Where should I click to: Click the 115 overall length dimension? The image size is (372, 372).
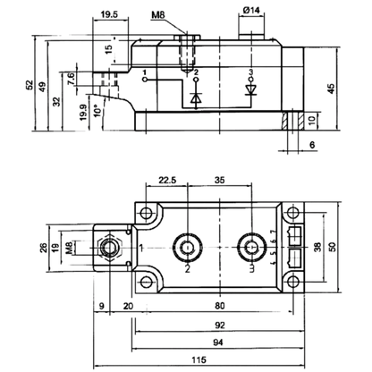(199, 359)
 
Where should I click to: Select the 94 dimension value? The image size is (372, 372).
(218, 342)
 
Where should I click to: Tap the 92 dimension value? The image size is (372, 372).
(220, 325)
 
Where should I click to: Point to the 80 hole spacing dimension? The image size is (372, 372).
(220, 306)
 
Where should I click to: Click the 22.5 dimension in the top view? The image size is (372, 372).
(167, 180)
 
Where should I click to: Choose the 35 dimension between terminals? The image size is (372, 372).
(220, 180)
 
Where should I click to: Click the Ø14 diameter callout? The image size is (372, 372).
(251, 10)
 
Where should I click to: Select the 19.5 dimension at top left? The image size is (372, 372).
(109, 14)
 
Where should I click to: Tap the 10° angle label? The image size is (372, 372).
(96, 111)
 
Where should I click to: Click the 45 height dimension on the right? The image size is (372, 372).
(331, 89)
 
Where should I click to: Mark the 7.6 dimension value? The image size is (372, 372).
(72, 80)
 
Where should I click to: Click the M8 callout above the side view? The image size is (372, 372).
(157, 15)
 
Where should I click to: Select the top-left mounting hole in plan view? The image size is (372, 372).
(146, 213)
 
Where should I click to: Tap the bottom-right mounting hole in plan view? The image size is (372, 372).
(293, 282)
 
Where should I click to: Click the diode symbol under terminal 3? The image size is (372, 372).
(250, 90)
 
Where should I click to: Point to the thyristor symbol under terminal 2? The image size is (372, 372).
(196, 97)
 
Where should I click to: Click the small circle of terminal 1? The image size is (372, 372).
(145, 80)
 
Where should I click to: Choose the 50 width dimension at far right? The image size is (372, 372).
(332, 247)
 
